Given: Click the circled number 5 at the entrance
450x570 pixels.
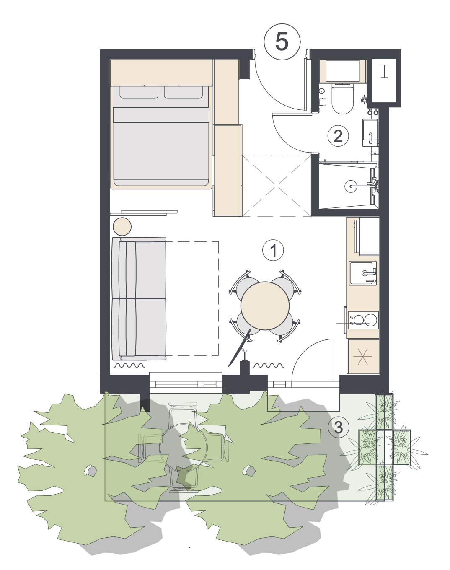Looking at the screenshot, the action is click(x=282, y=42).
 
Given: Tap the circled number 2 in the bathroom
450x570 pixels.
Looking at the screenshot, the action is click(x=338, y=136).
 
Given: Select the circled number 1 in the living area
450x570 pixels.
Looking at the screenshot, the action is click(x=273, y=250).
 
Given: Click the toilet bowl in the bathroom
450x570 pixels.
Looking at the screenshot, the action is click(x=343, y=99).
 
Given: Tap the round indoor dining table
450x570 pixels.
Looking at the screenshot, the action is click(x=265, y=306).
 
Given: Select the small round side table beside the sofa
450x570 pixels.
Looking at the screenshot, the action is click(x=122, y=226).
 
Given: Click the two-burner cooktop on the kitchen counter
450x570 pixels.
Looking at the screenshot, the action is click(x=363, y=320).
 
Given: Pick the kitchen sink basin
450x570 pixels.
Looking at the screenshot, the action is click(x=363, y=273).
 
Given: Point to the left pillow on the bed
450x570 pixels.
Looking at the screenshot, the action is click(x=139, y=92).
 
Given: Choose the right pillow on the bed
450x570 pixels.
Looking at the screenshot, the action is click(x=183, y=92).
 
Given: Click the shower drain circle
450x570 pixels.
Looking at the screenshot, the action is click(x=351, y=186).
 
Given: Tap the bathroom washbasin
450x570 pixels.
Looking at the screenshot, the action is click(x=370, y=132).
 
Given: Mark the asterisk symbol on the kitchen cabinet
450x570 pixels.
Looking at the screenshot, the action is click(x=363, y=356).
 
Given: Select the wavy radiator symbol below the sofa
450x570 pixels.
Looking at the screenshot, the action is click(x=129, y=366).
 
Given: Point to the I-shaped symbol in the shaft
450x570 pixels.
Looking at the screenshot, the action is click(x=384, y=72).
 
